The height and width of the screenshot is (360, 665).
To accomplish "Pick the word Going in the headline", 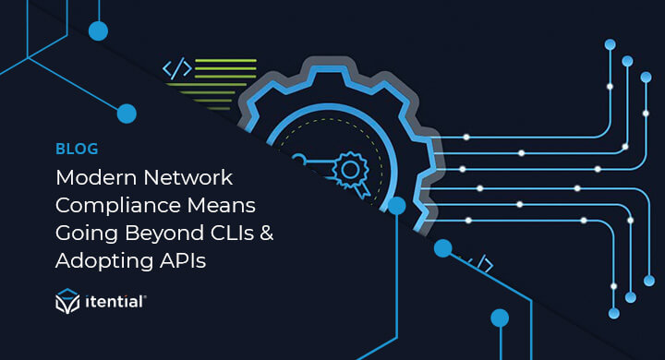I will pos(86,233).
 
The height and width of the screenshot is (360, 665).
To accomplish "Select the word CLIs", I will pos(235,233).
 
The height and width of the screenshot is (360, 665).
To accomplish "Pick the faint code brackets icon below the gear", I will pos(479,266).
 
